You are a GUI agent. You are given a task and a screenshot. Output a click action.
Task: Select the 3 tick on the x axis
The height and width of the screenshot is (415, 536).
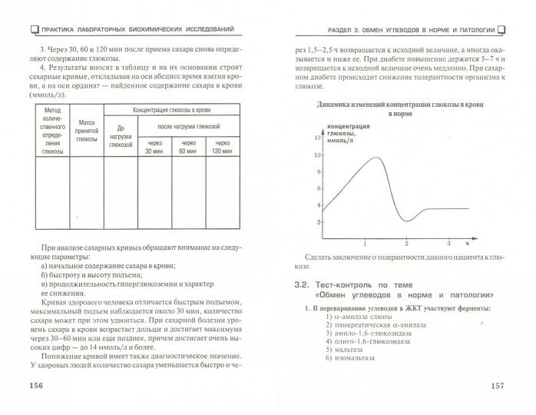445,244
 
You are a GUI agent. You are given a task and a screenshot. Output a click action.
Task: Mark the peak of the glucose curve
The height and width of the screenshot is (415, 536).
374,158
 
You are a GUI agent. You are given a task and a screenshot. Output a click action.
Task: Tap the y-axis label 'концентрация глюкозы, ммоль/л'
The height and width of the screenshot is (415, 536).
347,131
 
